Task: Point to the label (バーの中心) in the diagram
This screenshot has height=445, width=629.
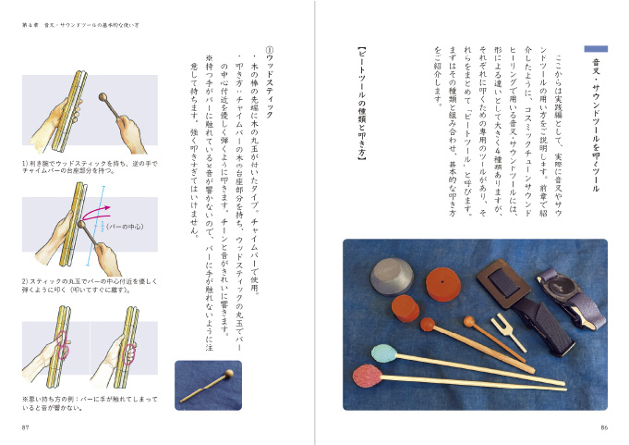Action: [x=126, y=225]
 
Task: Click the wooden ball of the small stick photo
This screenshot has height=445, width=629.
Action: [x=225, y=377]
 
